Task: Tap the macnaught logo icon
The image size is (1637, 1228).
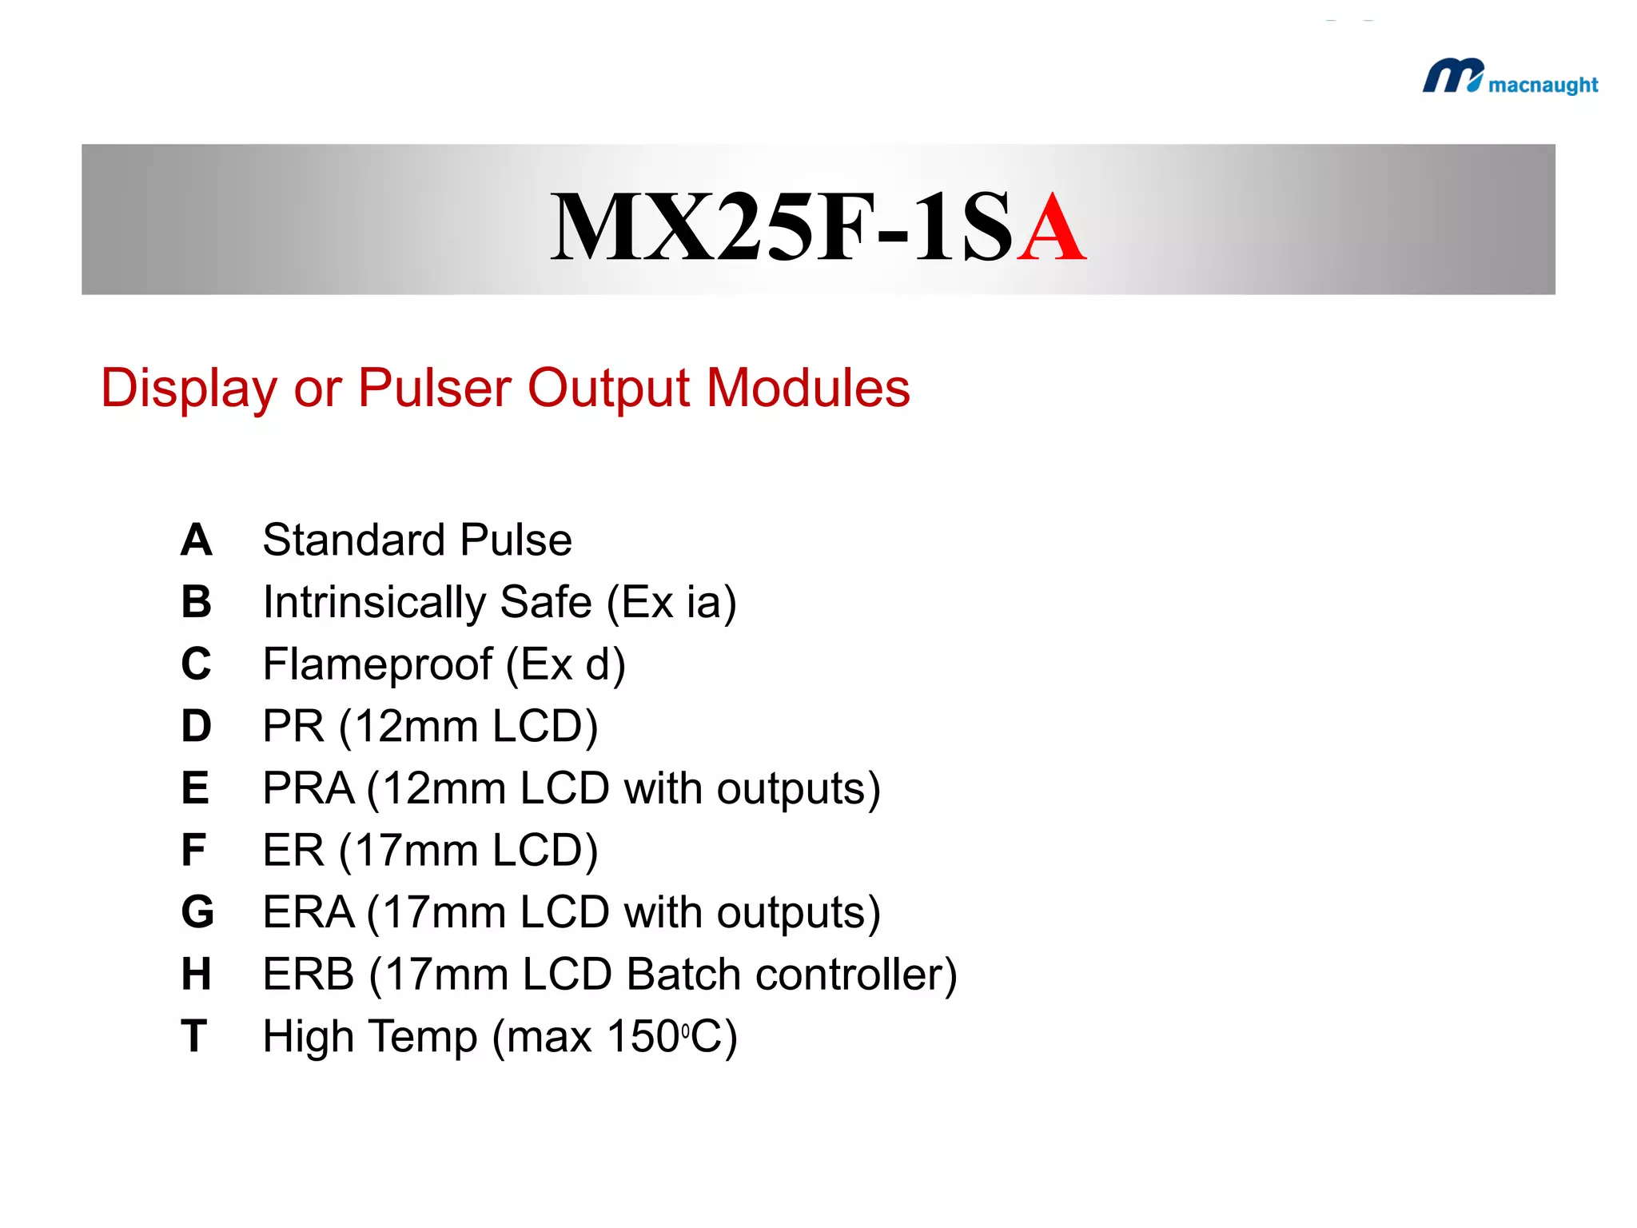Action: coord(1452,76)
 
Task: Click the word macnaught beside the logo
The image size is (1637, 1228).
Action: coord(1543,86)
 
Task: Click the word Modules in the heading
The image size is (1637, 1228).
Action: coord(808,389)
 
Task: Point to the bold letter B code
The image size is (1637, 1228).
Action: coord(196,602)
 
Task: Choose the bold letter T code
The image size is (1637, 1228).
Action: coord(194,1036)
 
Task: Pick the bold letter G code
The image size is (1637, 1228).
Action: coord(197,912)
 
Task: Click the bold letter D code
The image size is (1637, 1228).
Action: coord(196,726)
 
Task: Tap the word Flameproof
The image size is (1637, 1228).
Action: coord(377,664)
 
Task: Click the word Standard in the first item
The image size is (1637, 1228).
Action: coord(353,540)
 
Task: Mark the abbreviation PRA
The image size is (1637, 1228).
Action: coord(309,789)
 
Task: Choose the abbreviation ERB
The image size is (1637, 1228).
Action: coord(309,975)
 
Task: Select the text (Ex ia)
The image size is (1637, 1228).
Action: coord(671,603)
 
